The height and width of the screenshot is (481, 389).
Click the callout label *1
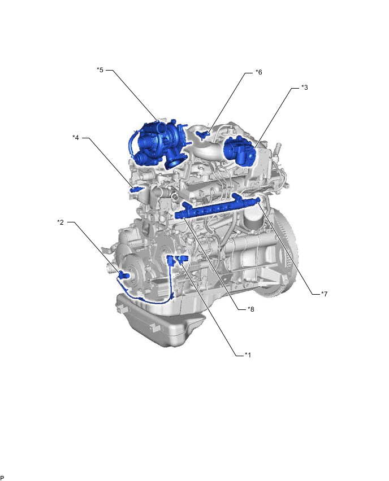click(248, 355)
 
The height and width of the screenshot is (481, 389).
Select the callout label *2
click(60, 222)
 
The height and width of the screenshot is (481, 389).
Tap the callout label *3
click(305, 88)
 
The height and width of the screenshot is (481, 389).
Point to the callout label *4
click(76, 138)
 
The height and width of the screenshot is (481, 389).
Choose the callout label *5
click(100, 70)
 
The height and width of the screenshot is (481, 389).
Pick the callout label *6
click(259, 72)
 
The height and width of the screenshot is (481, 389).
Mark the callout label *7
click(324, 294)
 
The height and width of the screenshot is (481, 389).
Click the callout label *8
click(251, 309)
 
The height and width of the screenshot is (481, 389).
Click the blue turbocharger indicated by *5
click(158, 144)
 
